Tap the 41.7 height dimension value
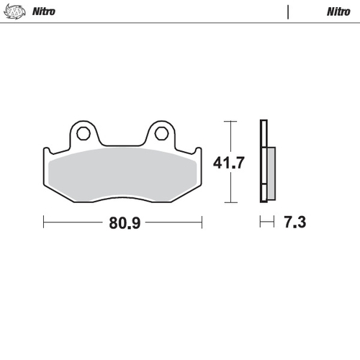coord(229,163)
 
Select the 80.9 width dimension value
coord(124,222)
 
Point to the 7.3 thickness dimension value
coord(295,222)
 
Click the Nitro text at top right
coord(338,12)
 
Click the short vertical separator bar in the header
coord(289,12)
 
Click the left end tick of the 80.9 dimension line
coord(43,222)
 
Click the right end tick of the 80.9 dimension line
coord(202,222)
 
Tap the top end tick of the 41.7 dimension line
coord(230,122)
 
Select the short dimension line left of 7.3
coord(268,222)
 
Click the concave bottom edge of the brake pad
coord(122,197)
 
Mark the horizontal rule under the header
coord(180,23)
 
